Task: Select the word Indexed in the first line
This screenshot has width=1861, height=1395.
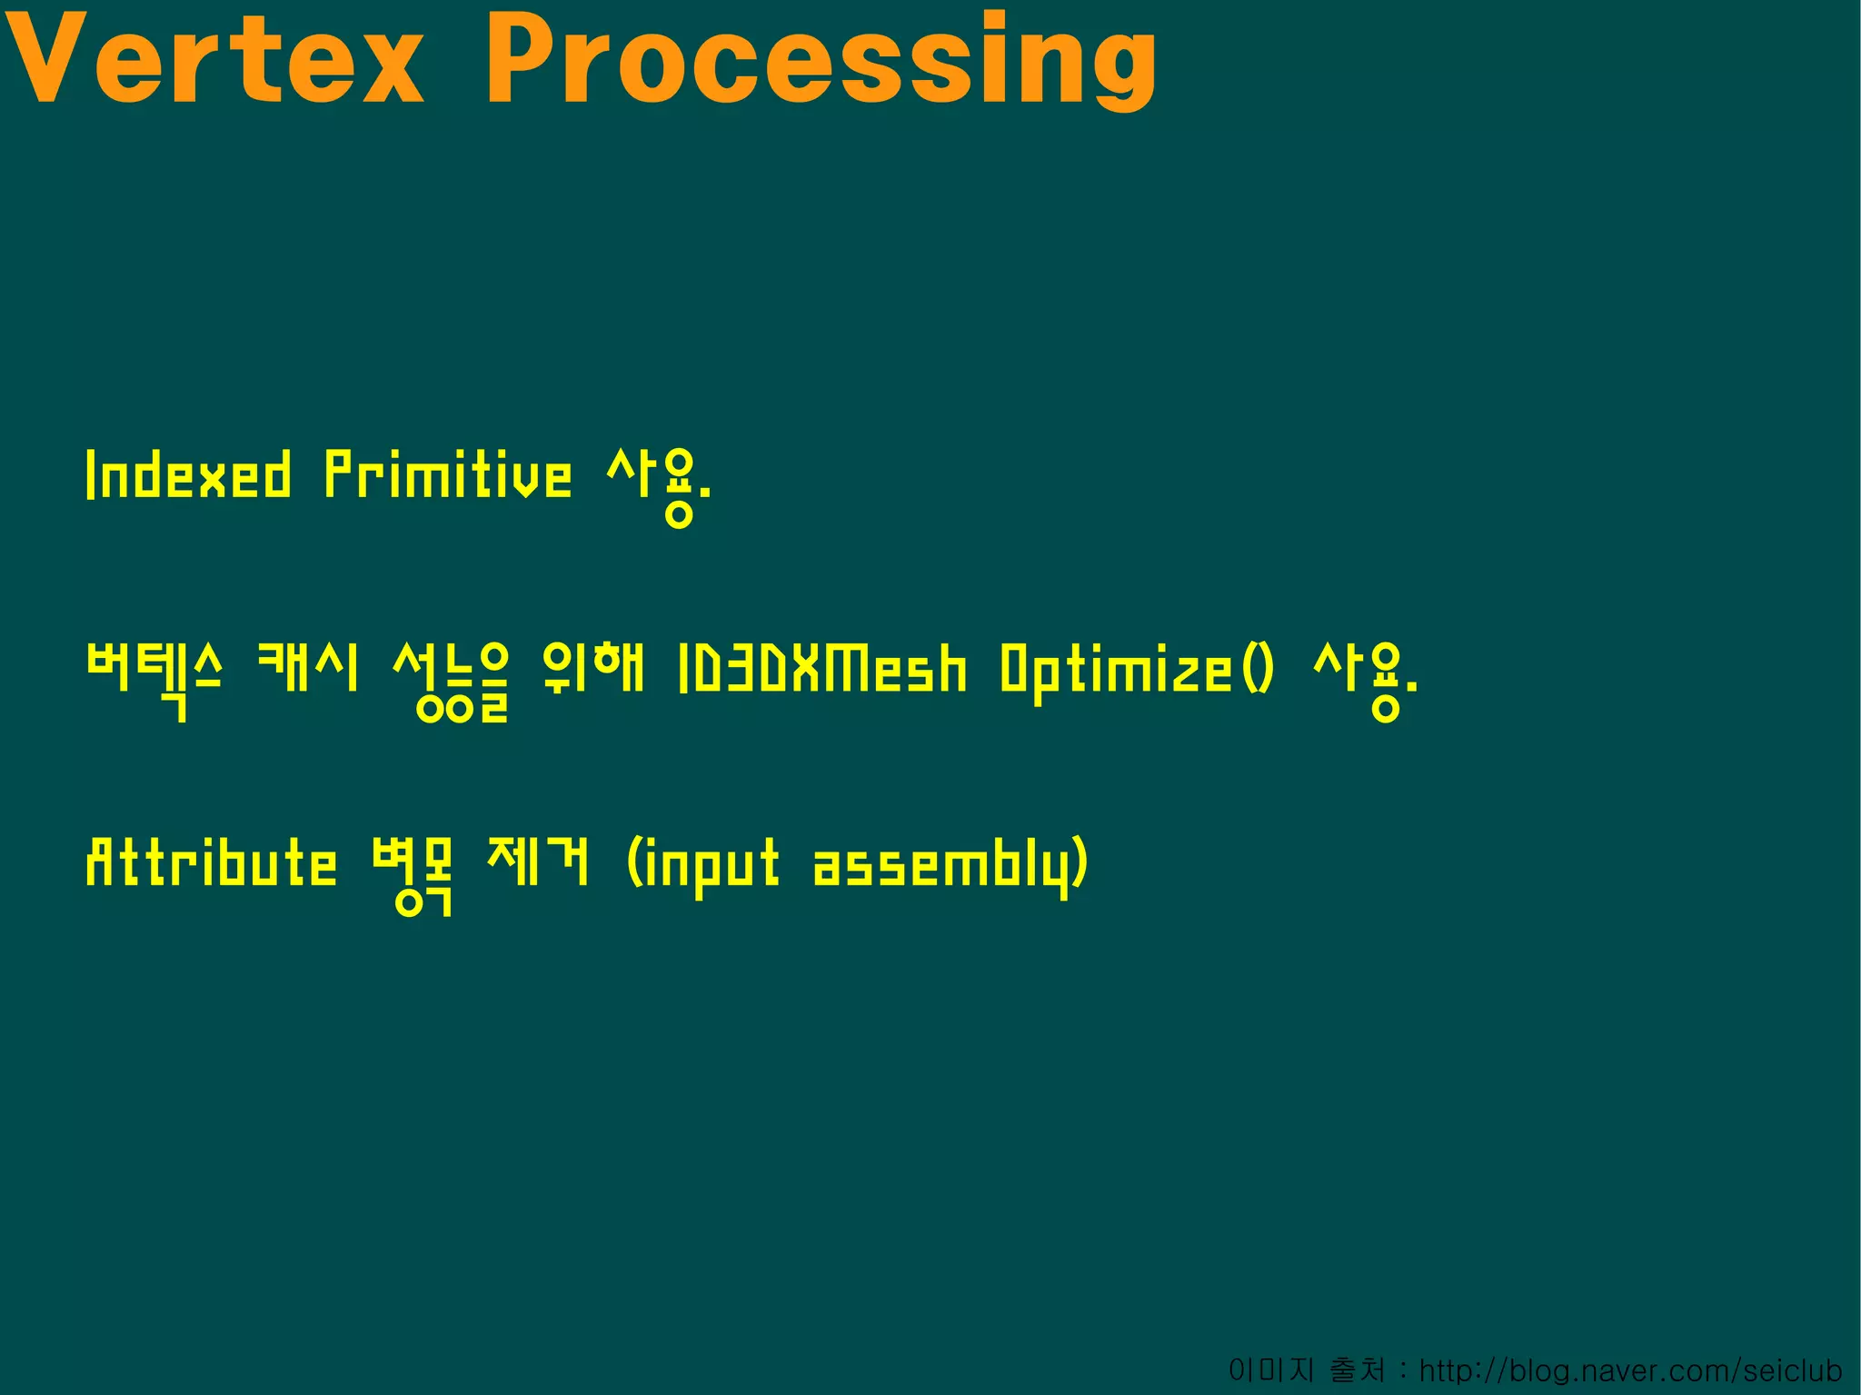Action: click(189, 474)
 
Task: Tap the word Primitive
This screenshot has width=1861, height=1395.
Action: click(448, 474)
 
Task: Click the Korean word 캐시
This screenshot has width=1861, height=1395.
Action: click(308, 668)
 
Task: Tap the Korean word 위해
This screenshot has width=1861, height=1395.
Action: click(592, 668)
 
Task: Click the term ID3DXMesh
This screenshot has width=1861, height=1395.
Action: click(822, 669)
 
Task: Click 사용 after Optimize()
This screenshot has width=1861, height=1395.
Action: click(1363, 677)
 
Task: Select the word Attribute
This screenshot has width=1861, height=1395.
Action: click(211, 863)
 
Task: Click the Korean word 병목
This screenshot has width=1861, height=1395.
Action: click(413, 872)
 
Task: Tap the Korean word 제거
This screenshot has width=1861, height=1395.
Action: click(538, 862)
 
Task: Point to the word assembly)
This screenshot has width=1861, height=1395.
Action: click(950, 865)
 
